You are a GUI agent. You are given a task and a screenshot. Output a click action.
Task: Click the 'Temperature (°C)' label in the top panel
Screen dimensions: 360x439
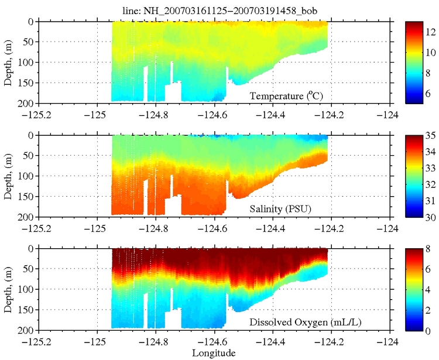(286, 96)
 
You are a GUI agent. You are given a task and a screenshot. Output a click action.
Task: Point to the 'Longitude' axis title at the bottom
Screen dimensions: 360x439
(214, 353)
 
